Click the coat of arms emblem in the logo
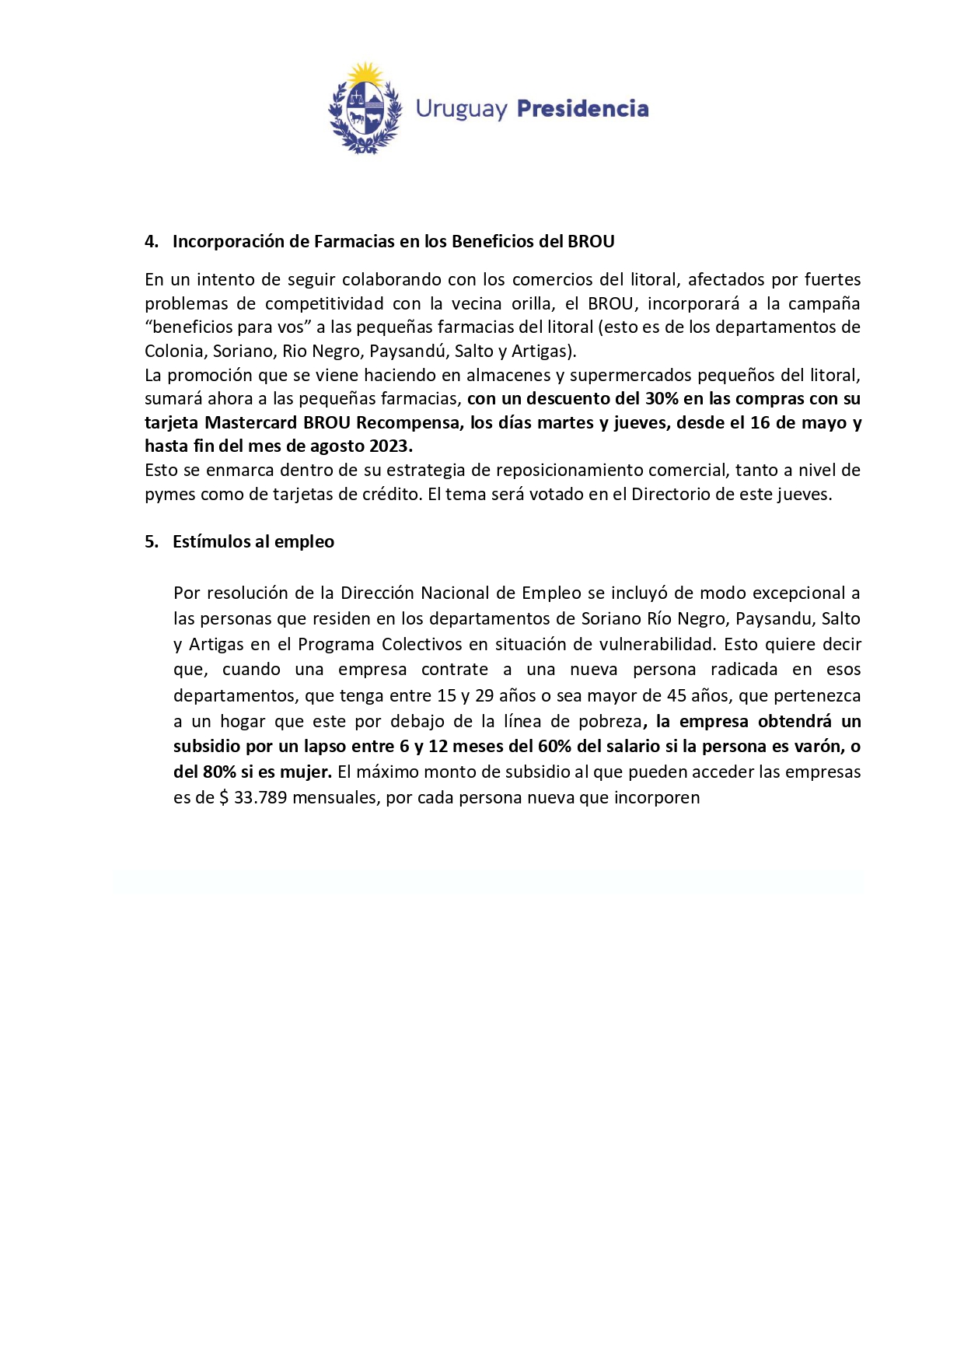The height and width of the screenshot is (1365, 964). click(x=365, y=110)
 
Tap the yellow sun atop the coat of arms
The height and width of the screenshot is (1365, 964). click(x=365, y=76)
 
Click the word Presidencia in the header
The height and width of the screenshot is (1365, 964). click(x=582, y=109)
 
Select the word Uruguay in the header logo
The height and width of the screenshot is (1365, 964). click(x=461, y=110)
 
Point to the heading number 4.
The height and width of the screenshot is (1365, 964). click(x=151, y=242)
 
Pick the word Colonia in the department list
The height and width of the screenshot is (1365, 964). click(x=176, y=351)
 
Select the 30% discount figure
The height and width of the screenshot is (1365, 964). click(x=662, y=399)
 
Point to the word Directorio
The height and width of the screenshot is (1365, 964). click(x=672, y=495)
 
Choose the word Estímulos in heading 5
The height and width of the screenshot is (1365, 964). click(x=210, y=542)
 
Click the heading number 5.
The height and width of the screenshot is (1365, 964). click(x=151, y=542)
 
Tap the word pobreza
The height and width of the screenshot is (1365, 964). click(x=610, y=722)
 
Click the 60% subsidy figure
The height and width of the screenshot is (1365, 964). click(x=554, y=747)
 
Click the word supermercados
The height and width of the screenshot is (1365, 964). click(x=630, y=376)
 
